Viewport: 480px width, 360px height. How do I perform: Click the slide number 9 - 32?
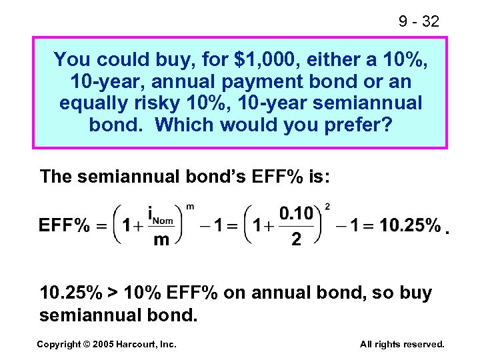pos(419,21)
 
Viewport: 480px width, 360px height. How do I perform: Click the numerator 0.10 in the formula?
pos(296,213)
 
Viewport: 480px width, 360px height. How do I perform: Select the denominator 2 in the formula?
pos(296,238)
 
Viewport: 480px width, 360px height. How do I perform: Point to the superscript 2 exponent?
pos(327,206)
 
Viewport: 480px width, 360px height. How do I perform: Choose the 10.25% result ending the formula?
pos(410,225)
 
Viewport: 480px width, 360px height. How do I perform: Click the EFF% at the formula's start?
pos(64,225)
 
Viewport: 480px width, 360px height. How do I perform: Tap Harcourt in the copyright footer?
pos(142,344)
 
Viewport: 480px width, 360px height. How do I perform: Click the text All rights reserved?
pos(401,344)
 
